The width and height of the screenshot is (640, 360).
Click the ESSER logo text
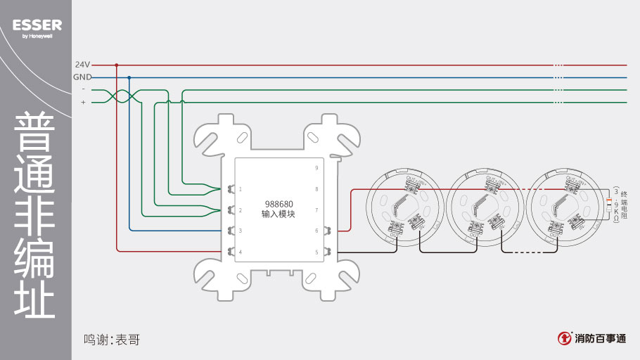click(x=37, y=25)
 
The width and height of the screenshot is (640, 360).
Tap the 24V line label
click(x=82, y=65)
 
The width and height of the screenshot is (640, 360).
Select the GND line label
click(x=82, y=77)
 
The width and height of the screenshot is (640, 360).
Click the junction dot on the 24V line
click(x=117, y=65)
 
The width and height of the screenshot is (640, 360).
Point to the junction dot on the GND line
click(x=129, y=77)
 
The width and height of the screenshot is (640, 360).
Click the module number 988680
click(x=278, y=203)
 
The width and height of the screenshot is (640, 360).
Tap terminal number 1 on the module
click(x=241, y=189)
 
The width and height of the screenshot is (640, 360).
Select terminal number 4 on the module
click(x=241, y=252)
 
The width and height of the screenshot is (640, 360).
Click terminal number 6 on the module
click(x=316, y=231)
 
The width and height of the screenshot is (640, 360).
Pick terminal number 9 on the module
click(x=316, y=168)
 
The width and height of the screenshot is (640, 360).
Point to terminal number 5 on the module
click(x=316, y=252)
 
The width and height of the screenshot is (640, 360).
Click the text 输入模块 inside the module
click(x=278, y=214)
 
